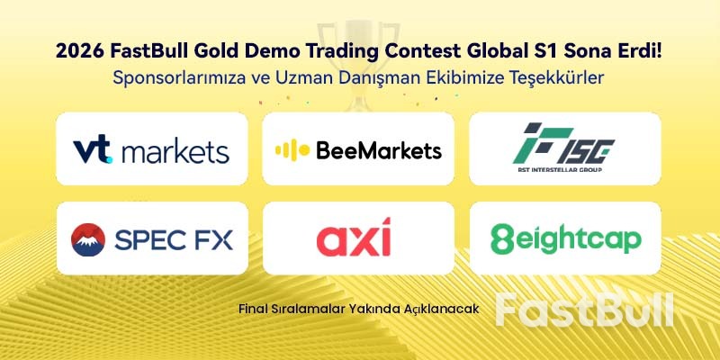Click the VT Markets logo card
tap(151, 149)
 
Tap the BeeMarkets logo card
tap(358, 149)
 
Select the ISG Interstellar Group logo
tap(565, 149)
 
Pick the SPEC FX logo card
tap(151, 238)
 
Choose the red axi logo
tap(354, 239)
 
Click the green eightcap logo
tap(565, 238)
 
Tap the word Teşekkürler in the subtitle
tap(553, 78)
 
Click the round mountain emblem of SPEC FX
tap(89, 238)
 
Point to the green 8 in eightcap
tap(501, 238)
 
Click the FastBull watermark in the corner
tap(584, 309)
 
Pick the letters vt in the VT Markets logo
tap(94, 149)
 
